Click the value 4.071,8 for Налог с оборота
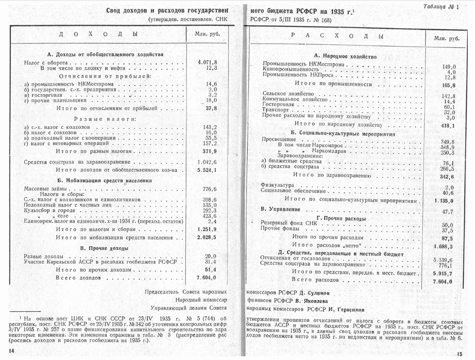point(208,62)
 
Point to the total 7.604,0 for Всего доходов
point(206,278)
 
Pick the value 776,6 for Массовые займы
point(210,189)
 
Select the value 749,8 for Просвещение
point(447,142)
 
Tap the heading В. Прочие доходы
point(105,248)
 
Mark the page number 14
point(11,350)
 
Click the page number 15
point(459,354)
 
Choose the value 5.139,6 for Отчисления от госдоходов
point(443,260)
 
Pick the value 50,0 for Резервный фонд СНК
point(447,225)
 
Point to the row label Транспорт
point(276,110)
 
